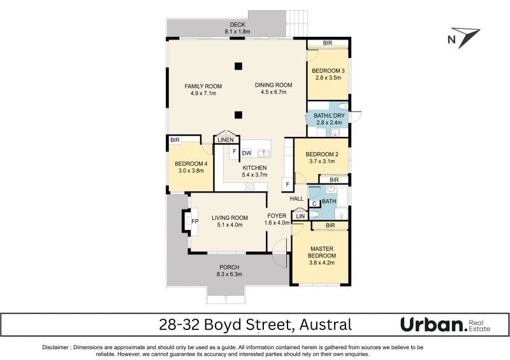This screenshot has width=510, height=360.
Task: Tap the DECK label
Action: (237, 25)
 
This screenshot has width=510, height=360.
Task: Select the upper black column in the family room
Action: (238, 66)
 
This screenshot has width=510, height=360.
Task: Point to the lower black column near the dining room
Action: (238, 115)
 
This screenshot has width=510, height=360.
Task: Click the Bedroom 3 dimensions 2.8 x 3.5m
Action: (328, 78)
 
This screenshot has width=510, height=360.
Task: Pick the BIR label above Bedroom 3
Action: (328, 43)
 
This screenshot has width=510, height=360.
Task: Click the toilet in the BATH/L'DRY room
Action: (342, 106)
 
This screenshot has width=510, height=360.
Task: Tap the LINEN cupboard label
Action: (226, 140)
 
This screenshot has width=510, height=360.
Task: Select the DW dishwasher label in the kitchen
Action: (247, 153)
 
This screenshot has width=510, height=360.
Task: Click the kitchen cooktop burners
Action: (249, 186)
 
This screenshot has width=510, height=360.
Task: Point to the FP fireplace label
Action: (195, 222)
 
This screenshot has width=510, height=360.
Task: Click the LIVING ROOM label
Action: (229, 218)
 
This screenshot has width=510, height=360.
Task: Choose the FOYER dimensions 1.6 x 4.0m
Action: (277, 223)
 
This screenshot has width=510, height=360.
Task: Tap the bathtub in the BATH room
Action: (342, 196)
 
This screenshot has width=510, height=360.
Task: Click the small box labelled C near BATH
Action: (314, 204)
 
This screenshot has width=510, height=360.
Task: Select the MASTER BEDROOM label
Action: (322, 252)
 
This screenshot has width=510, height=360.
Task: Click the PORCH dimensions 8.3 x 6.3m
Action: (229, 274)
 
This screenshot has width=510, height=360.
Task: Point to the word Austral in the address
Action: (325, 324)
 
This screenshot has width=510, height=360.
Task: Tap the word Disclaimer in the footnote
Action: (55, 347)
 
